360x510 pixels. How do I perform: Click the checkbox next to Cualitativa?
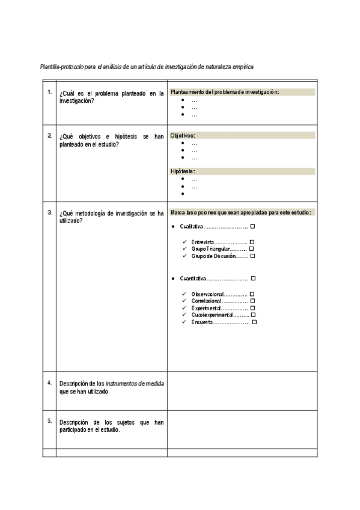[252, 226]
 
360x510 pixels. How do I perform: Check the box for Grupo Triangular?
[252, 249]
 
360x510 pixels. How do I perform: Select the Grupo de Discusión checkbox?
[253, 256]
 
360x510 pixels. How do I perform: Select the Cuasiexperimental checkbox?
[253, 315]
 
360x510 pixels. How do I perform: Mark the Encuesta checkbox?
[255, 322]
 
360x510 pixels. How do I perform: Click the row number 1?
[49, 92]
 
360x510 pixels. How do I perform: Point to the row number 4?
[49, 382]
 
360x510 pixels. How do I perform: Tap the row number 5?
[49, 420]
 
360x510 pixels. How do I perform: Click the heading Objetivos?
[183, 135]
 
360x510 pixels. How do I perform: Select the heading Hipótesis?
[183, 171]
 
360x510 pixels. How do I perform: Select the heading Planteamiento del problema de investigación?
[225, 92]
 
